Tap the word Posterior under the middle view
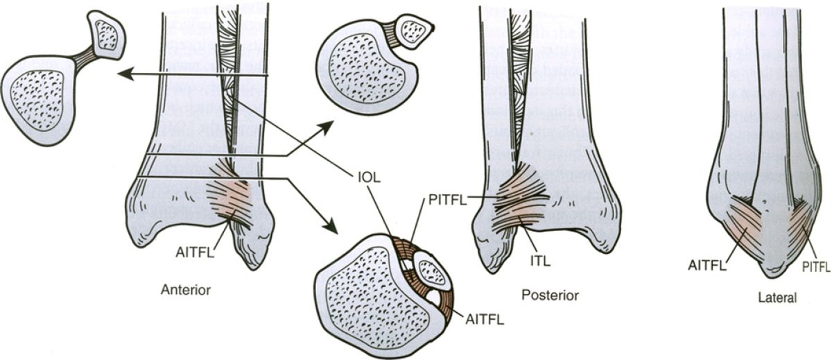pyautogui.click(x=550, y=295)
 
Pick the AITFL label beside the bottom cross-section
pyautogui.click(x=485, y=320)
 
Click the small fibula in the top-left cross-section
pyautogui.click(x=107, y=33)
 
